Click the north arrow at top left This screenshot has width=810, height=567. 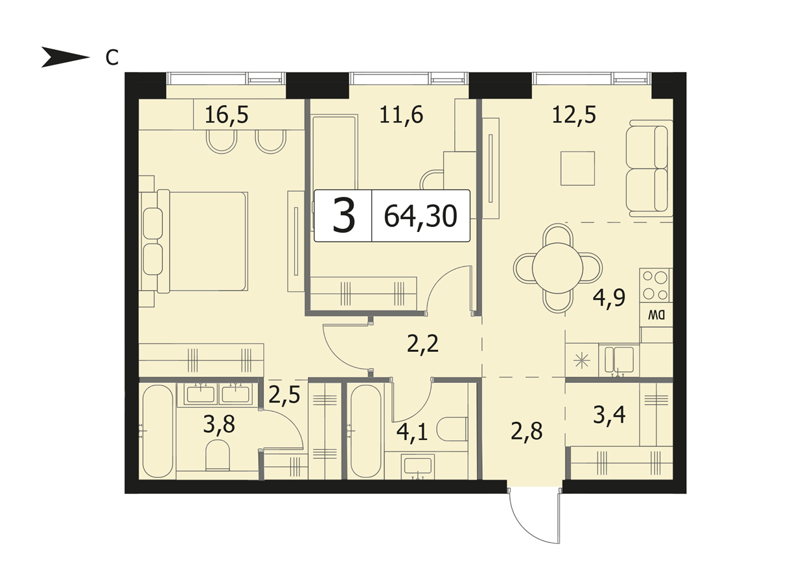(x=65, y=57)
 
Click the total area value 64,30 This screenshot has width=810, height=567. (x=421, y=216)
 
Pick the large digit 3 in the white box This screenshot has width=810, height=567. (x=343, y=216)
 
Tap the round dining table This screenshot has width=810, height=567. (x=557, y=268)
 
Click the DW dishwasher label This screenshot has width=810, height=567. (x=656, y=316)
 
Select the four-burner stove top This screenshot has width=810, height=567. (x=656, y=286)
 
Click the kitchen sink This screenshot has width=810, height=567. (x=619, y=360)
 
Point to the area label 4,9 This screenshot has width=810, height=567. (x=609, y=297)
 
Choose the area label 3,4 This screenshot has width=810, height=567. (x=609, y=415)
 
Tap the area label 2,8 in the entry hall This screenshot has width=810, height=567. (x=527, y=432)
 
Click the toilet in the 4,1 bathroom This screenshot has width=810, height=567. (x=453, y=429)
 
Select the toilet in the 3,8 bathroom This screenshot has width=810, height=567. (x=218, y=455)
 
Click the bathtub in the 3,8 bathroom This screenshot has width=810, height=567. (x=157, y=432)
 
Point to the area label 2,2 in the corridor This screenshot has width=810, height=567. (x=422, y=344)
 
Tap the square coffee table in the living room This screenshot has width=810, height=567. (x=578, y=168)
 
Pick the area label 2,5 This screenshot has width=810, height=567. (x=284, y=395)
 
